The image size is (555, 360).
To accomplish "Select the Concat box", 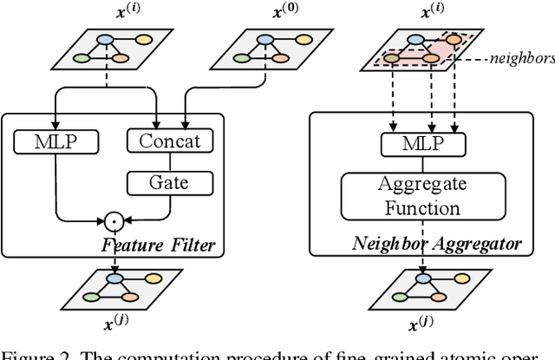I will tap(170, 141).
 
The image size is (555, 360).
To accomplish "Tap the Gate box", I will tap(170, 183).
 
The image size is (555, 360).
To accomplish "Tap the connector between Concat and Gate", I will tap(170, 161).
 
